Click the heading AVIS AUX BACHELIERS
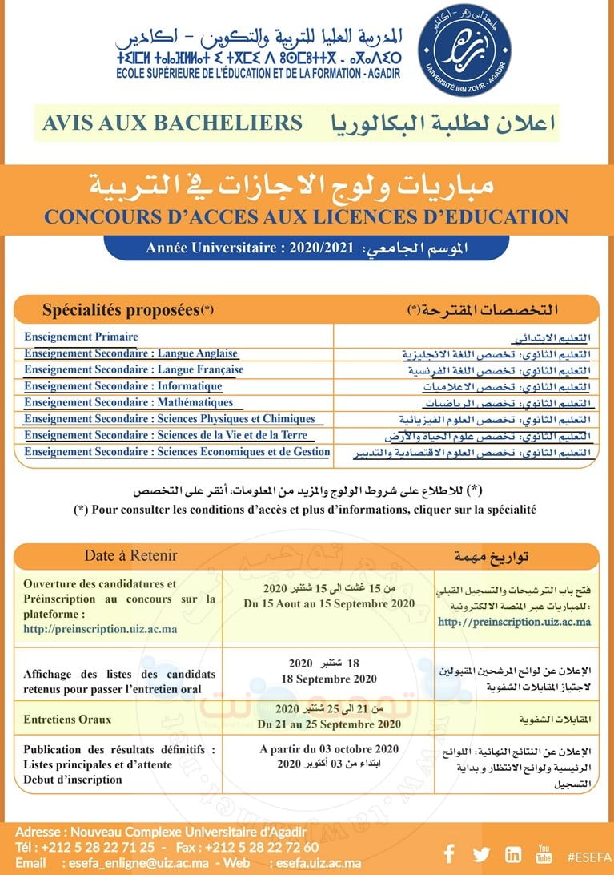click(172, 123)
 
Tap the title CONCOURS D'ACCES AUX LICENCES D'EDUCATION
click(307, 216)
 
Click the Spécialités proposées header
click(128, 309)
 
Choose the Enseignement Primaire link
click(81, 337)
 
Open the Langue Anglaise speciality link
click(131, 353)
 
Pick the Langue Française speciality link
click(134, 370)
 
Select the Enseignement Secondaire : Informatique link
click(123, 386)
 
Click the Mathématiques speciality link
click(128, 402)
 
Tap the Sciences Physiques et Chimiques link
click(170, 419)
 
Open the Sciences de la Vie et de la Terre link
click(166, 435)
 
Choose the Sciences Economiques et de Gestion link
click(177, 452)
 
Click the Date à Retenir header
click(130, 555)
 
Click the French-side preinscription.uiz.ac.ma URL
click(100, 629)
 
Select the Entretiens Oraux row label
click(67, 720)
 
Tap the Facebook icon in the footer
click(449, 854)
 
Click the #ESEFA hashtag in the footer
click(588, 855)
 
